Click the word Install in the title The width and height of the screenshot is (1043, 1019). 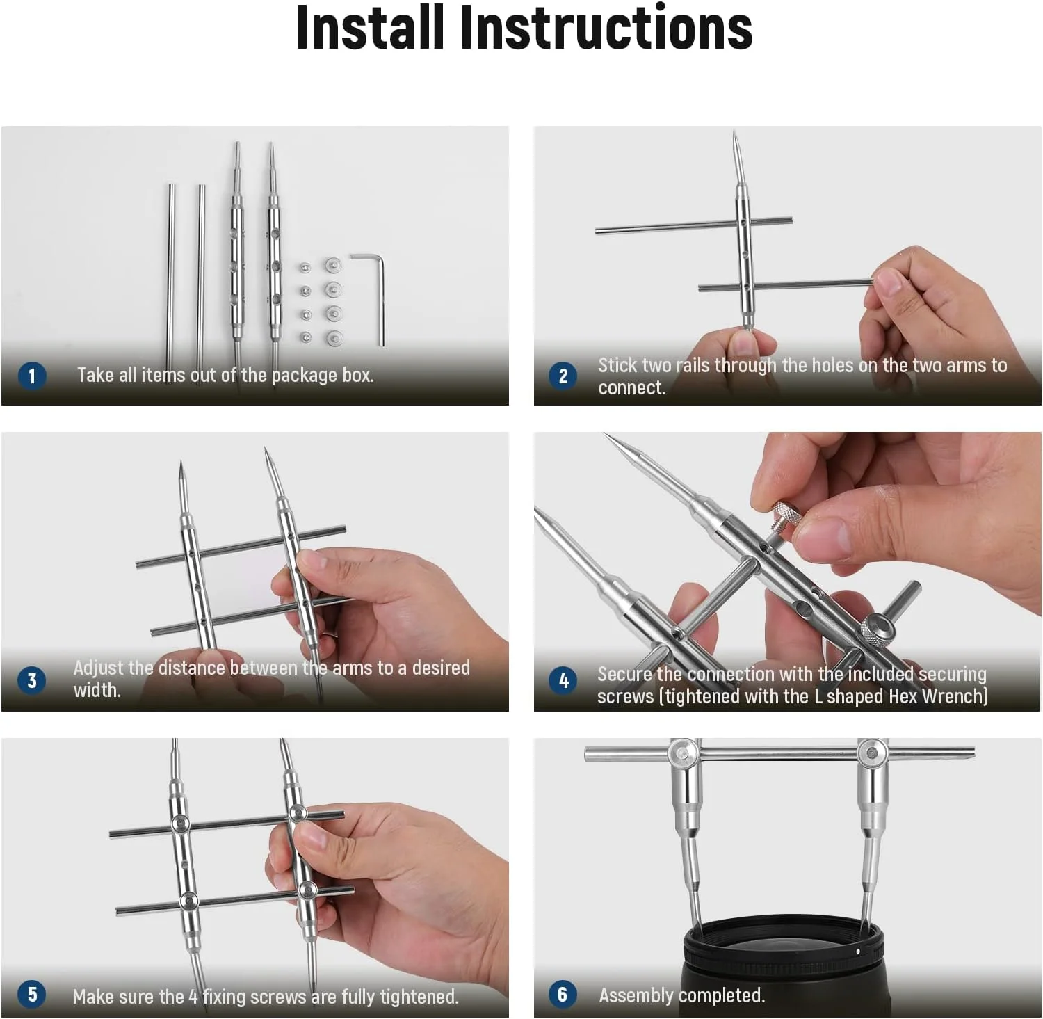pos(369,28)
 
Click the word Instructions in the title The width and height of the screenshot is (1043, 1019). pos(606,28)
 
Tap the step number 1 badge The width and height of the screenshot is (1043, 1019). pos(31,376)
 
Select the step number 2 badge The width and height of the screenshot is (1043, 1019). pos(563,376)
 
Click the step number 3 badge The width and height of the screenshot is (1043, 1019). pos(31,680)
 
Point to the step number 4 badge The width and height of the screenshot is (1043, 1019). pos(563,680)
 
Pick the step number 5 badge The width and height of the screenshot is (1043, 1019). pos(32,994)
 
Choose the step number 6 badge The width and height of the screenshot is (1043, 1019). pos(563,994)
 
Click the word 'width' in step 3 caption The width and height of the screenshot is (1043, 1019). pos(96,690)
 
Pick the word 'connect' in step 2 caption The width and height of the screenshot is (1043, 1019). pos(631,387)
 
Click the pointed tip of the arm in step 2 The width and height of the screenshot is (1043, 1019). pos(735,131)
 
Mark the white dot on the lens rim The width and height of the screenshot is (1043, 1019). pos(858,951)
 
